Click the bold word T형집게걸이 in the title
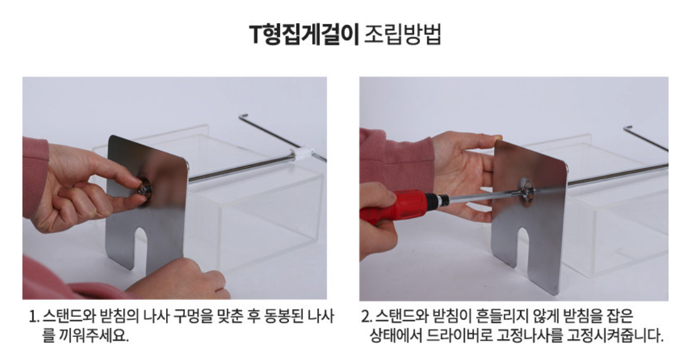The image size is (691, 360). pyautogui.click(x=304, y=35)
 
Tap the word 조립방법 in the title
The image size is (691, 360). pyautogui.click(x=402, y=35)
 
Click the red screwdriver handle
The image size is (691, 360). pyautogui.click(x=392, y=206)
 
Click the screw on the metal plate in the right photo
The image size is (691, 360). pyautogui.click(x=526, y=192)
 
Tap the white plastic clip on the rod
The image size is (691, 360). pyautogui.click(x=301, y=155)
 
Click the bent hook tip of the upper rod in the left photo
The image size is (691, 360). pyautogui.click(x=242, y=116)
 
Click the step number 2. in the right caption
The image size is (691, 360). pyautogui.click(x=367, y=317)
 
